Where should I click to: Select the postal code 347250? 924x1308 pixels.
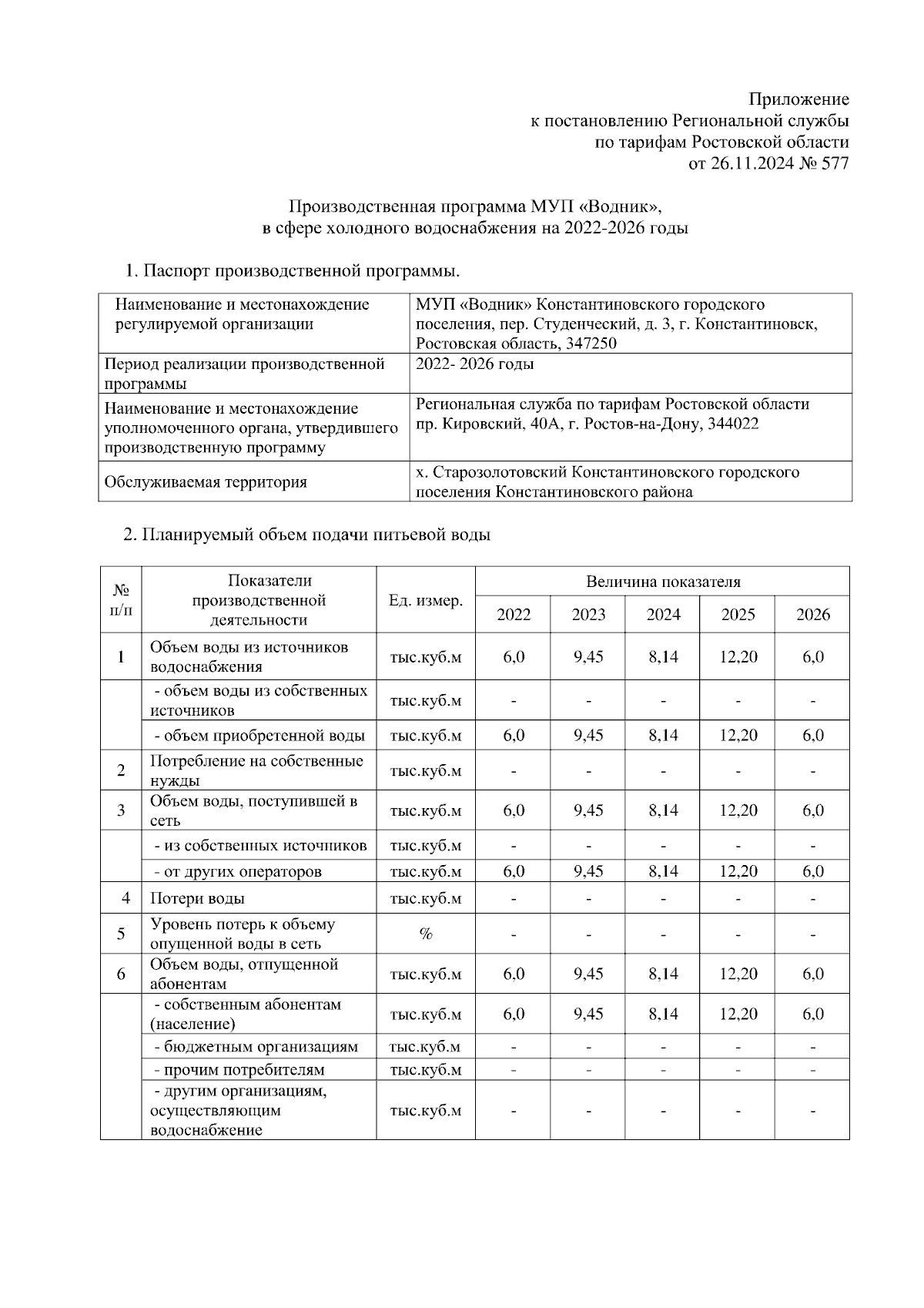click(x=591, y=344)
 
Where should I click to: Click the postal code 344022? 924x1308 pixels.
click(x=732, y=424)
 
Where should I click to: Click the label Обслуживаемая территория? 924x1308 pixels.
click(x=206, y=482)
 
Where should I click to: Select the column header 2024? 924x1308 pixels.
click(x=663, y=614)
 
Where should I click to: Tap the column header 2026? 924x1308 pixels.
click(x=812, y=614)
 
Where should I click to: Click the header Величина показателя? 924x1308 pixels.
click(x=662, y=582)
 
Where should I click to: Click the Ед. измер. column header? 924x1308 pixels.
click(x=426, y=600)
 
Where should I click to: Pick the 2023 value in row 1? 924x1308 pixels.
click(x=588, y=656)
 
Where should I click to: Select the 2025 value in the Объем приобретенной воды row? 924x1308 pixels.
click(x=738, y=735)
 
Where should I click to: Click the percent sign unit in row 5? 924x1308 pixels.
click(x=426, y=934)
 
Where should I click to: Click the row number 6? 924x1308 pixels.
click(x=121, y=974)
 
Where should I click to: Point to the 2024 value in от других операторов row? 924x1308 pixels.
click(x=663, y=871)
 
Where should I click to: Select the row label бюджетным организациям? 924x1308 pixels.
click(x=256, y=1047)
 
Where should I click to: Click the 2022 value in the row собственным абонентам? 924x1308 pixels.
click(x=514, y=1014)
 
